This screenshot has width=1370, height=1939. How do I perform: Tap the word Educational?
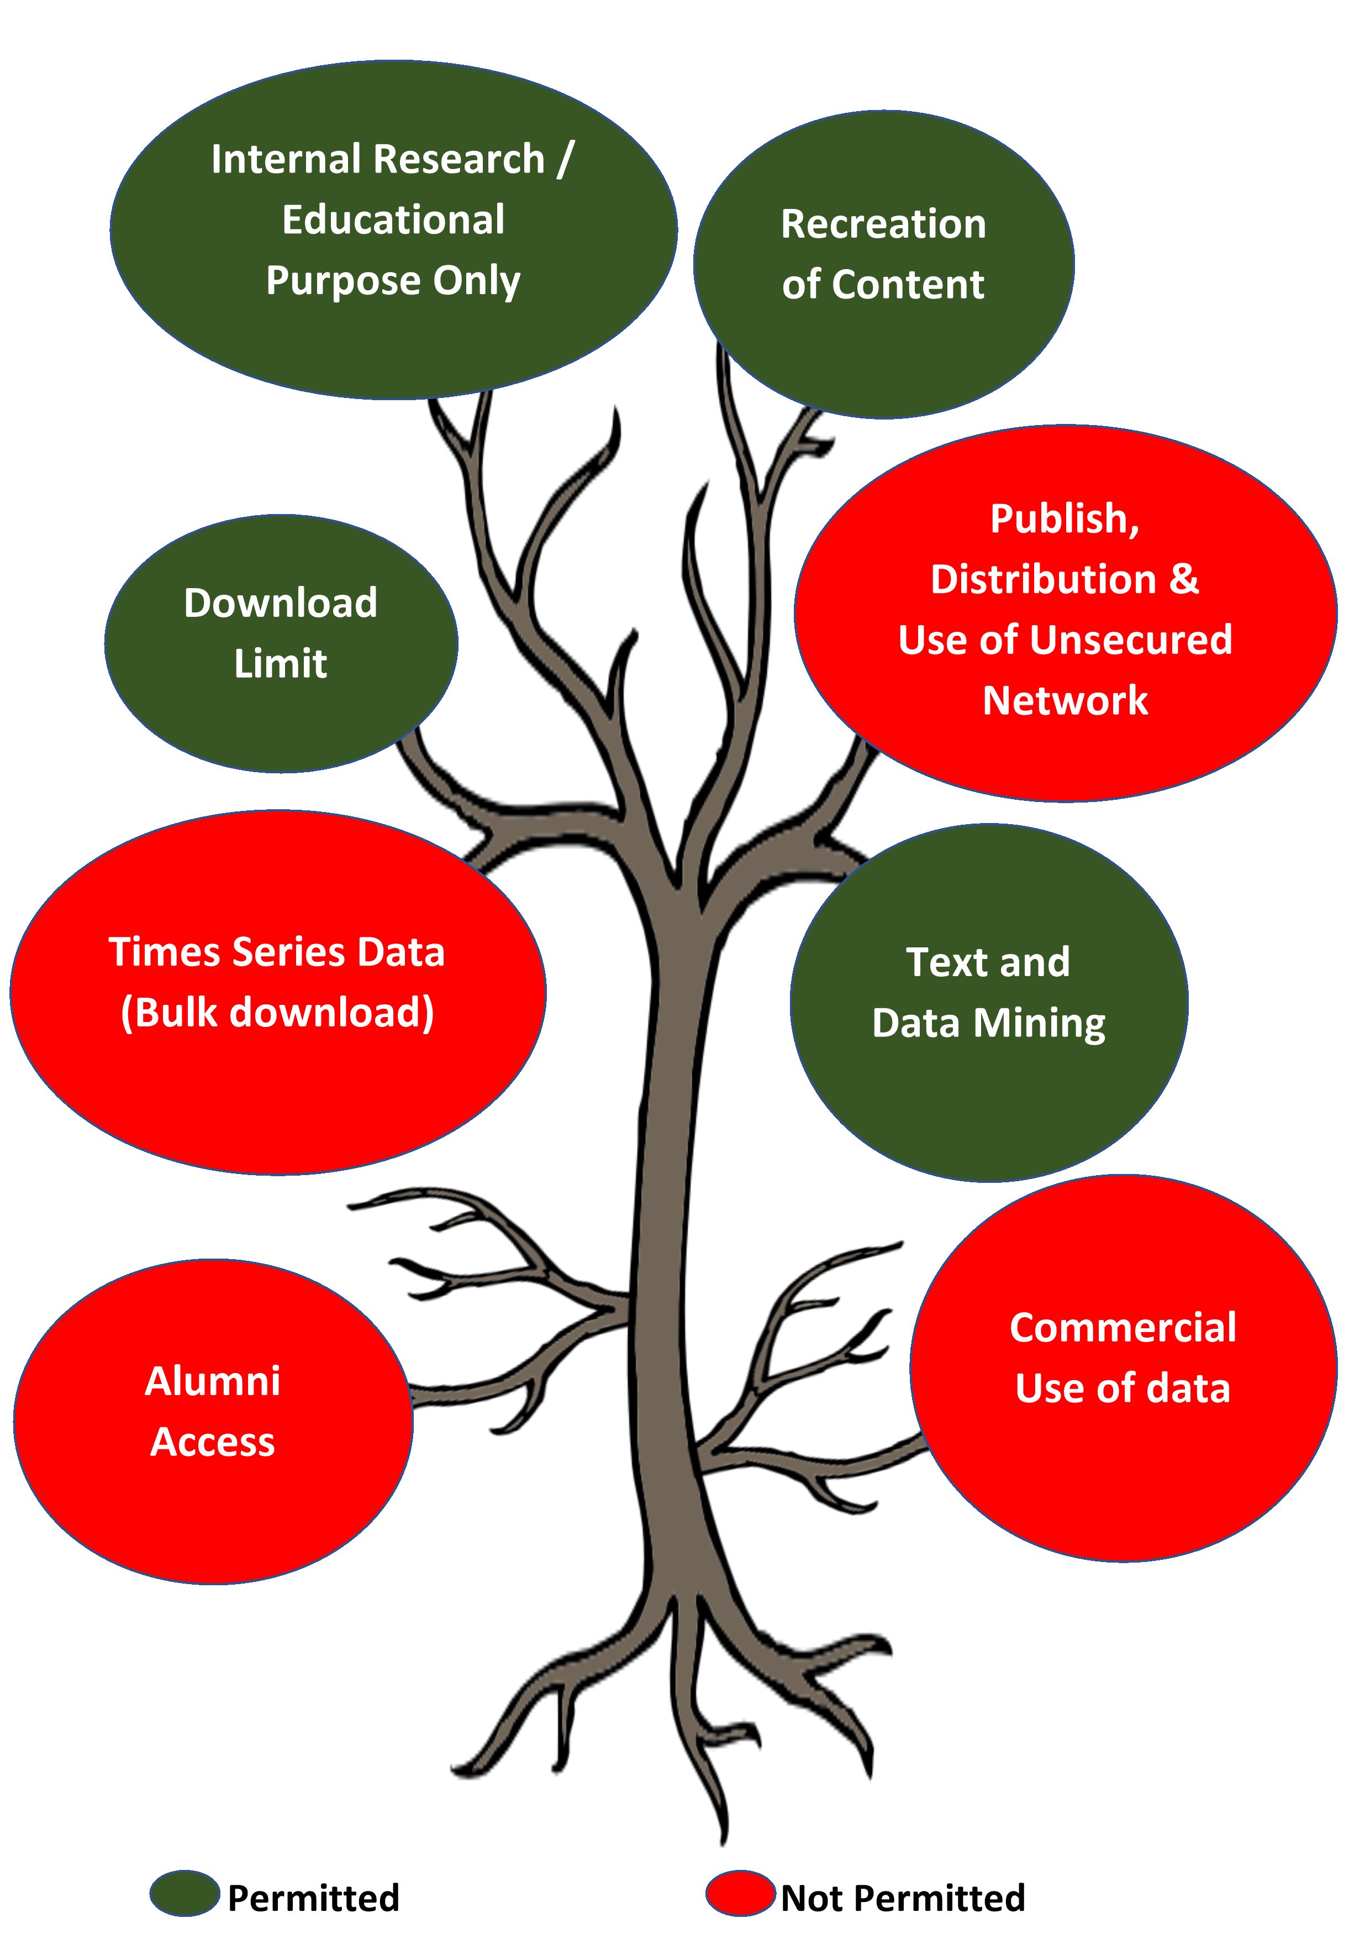[393, 219]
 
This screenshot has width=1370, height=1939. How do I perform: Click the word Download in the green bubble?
[281, 603]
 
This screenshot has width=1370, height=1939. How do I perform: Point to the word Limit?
[281, 664]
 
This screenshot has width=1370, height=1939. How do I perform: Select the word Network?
[1065, 701]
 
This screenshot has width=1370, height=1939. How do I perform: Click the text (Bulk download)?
[278, 1013]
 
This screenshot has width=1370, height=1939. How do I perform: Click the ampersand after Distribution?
[1183, 579]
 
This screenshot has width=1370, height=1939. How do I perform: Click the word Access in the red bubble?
[213, 1443]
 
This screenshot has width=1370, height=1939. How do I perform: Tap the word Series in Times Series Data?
[284, 952]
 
